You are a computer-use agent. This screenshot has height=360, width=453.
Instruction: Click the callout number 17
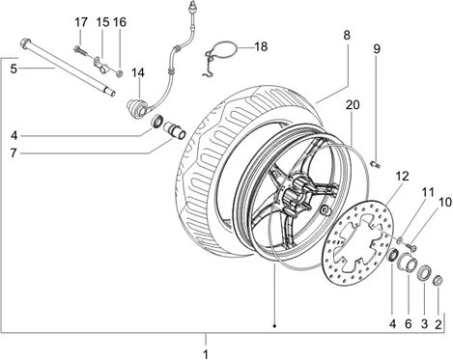pos(81,22)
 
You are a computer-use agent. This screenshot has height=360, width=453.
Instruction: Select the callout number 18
pos(261,46)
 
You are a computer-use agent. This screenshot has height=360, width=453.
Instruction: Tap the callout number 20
pos(353,105)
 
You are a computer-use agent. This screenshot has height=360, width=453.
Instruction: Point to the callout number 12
pos(402,176)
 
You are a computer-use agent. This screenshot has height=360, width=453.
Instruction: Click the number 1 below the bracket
pos(206,354)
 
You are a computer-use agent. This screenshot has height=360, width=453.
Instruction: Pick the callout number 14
pos(138,73)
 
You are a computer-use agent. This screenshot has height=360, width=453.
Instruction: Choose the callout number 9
pos(377,48)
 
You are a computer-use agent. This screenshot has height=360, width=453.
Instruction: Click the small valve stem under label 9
pos(376,165)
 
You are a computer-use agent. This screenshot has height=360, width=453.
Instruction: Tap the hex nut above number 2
pos(439,280)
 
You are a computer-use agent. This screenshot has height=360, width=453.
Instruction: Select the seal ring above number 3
pos(424,273)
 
